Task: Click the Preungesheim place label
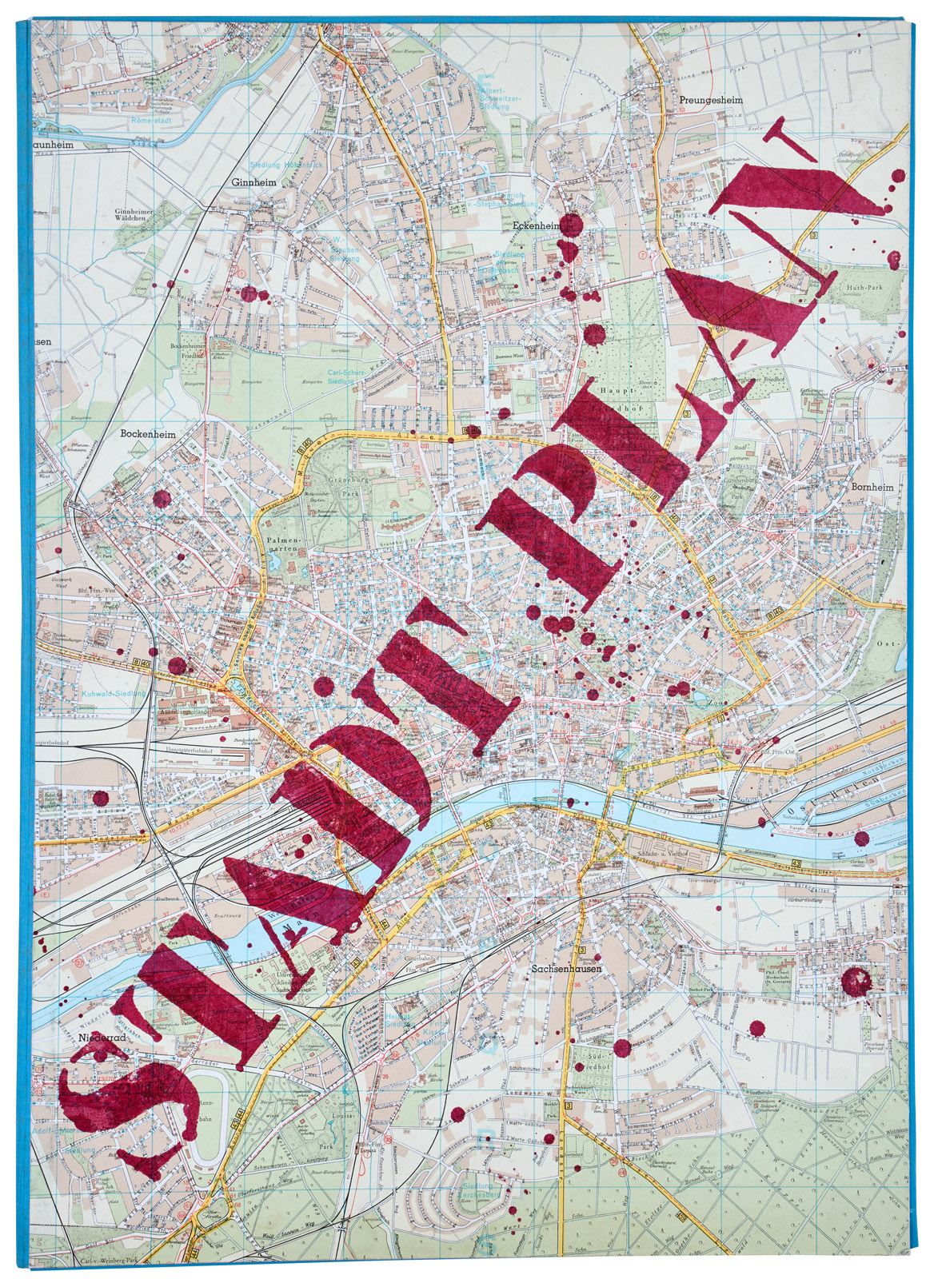[707, 101]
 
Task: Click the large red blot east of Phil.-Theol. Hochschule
[857, 981]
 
